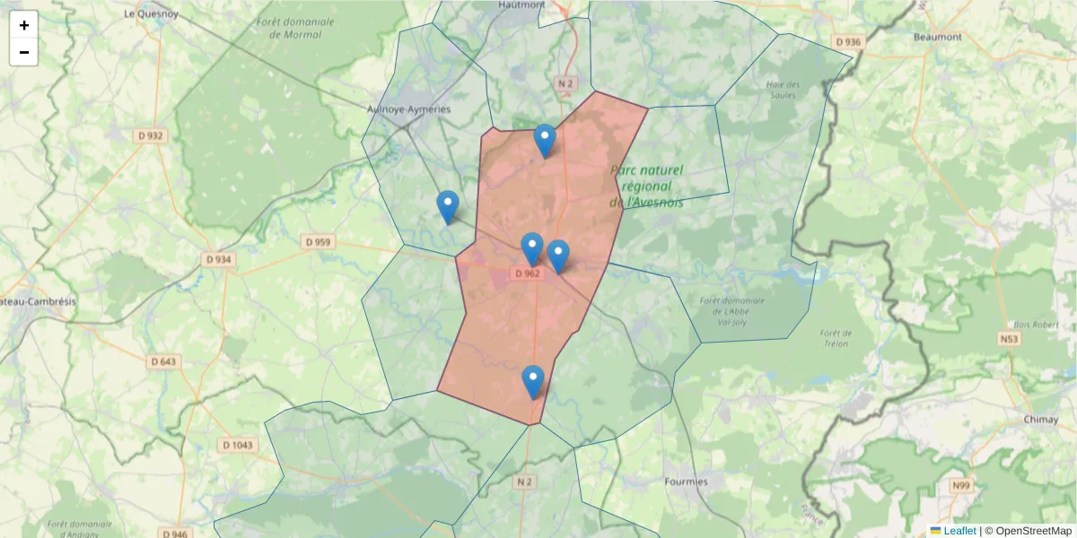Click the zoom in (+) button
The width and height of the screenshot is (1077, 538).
coord(24,25)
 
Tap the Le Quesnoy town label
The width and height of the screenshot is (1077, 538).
coord(151,14)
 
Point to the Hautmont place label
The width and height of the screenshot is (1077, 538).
coord(521,4)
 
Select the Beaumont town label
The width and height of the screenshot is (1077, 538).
coord(937,37)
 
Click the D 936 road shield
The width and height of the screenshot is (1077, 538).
coord(847,42)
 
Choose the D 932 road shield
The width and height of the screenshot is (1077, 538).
coord(151,135)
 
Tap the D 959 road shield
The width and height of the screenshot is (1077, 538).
coord(318,241)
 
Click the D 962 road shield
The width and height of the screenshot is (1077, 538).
coord(528,273)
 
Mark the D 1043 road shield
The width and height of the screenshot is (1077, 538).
coord(238,445)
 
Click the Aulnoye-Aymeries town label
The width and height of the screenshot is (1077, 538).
coord(408,109)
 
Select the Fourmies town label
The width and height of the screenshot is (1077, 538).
coord(686,482)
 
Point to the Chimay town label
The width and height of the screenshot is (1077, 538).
coord(1041,419)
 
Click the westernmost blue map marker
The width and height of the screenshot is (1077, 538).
coord(447,207)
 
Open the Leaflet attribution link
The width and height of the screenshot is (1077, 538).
coord(959,531)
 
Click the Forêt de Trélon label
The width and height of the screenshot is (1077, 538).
coord(835,337)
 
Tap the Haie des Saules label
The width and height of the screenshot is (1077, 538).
coord(782,90)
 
